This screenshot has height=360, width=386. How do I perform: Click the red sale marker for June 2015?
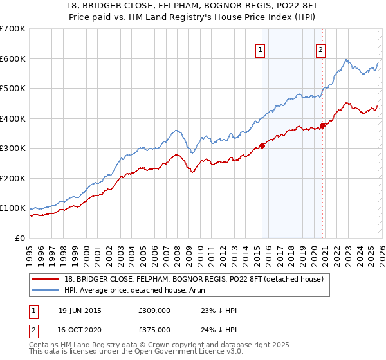tap(262, 145)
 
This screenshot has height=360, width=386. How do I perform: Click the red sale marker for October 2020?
tap(323, 125)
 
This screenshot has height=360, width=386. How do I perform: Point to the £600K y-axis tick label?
tap(13, 59)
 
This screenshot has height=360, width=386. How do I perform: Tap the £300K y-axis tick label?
tap(13, 148)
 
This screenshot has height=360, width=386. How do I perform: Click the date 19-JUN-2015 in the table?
tap(80, 311)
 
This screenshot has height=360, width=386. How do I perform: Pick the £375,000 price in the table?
tap(154, 330)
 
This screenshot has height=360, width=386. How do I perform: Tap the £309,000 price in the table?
tap(154, 311)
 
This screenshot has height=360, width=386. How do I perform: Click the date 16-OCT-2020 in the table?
tap(80, 330)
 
